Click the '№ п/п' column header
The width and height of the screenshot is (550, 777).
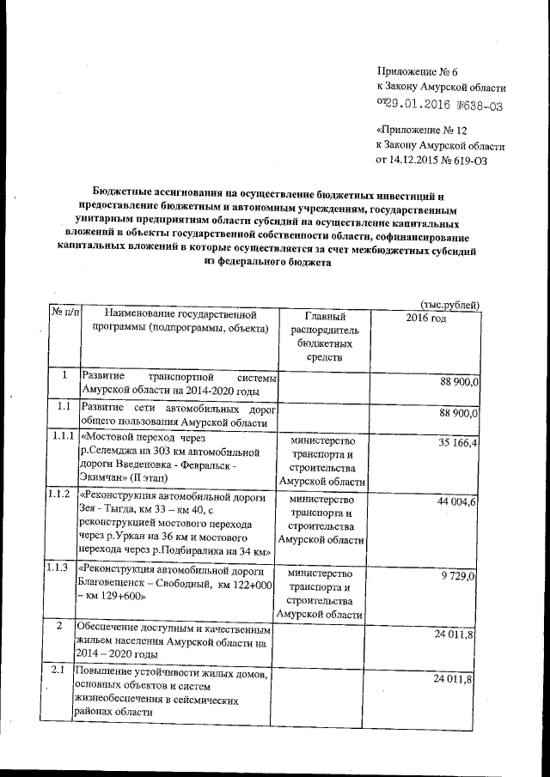coord(64,314)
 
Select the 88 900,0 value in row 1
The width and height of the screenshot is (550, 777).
coord(458,381)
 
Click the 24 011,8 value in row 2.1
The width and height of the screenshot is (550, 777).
coord(458,680)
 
